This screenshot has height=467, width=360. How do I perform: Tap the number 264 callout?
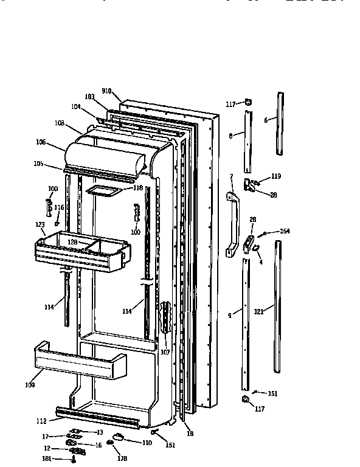[x=285, y=230]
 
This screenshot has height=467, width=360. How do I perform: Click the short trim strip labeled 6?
[x=280, y=123]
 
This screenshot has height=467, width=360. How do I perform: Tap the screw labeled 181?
[x=74, y=460]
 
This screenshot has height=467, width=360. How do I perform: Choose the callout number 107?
[x=165, y=352]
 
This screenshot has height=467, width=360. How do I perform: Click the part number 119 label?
[x=276, y=176]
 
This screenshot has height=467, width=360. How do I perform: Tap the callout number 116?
[x=59, y=207]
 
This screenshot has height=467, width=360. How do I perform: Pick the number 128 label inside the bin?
[x=73, y=242]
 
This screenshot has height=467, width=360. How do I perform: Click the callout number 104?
[x=76, y=106]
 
